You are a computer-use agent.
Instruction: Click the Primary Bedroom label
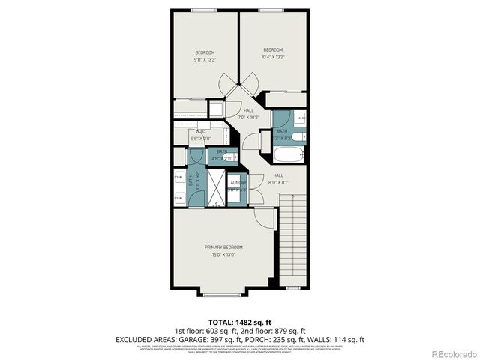[223, 247]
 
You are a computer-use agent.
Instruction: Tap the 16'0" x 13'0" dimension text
[223, 254]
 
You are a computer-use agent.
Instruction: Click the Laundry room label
[238, 182]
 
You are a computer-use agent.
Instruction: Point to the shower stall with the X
[216, 188]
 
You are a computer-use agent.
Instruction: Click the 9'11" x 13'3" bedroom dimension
[205, 59]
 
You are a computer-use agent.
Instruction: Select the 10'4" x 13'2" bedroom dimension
[272, 57]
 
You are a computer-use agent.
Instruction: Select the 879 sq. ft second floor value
[289, 330]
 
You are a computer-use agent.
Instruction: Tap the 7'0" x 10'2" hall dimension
[248, 117]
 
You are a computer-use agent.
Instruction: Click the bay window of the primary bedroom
[223, 291]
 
